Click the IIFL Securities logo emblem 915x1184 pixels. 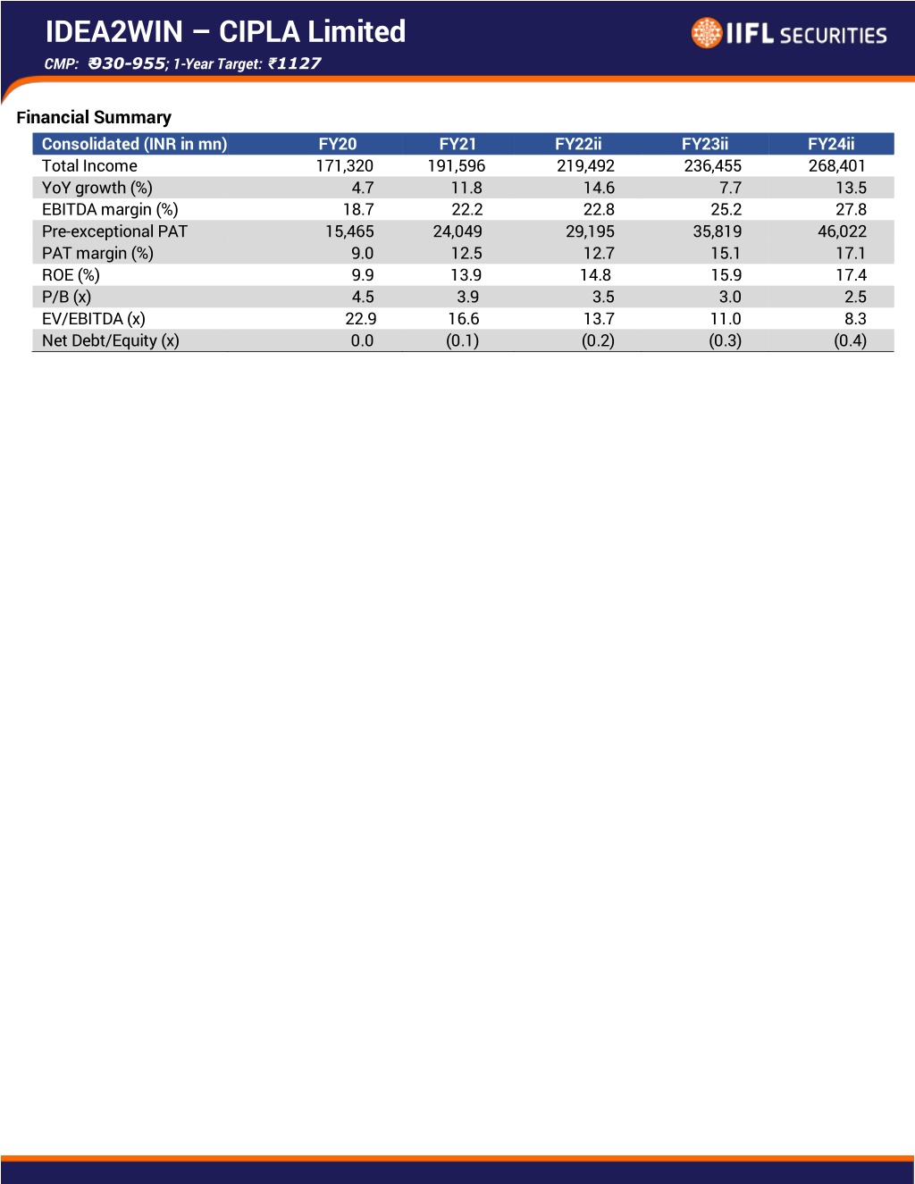707,33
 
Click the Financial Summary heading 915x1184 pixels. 94,117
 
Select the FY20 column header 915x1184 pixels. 338,144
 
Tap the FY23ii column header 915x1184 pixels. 705,144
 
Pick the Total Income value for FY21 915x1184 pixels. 457,165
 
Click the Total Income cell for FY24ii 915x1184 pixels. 836,165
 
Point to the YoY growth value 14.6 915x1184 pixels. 599,188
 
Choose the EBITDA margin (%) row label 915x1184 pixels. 110,210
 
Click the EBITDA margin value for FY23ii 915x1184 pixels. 726,210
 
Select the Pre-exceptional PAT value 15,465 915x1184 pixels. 349,231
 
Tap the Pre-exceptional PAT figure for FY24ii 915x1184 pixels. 842,231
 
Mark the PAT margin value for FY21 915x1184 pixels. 466,254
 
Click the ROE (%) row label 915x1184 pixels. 71,275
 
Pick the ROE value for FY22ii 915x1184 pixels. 596,275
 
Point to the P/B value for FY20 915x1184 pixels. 363,297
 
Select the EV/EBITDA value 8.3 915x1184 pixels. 855,319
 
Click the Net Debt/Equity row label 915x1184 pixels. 111,340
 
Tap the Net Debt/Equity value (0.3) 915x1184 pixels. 725,340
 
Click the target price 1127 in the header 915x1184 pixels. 298,63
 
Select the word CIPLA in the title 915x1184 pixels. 260,31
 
